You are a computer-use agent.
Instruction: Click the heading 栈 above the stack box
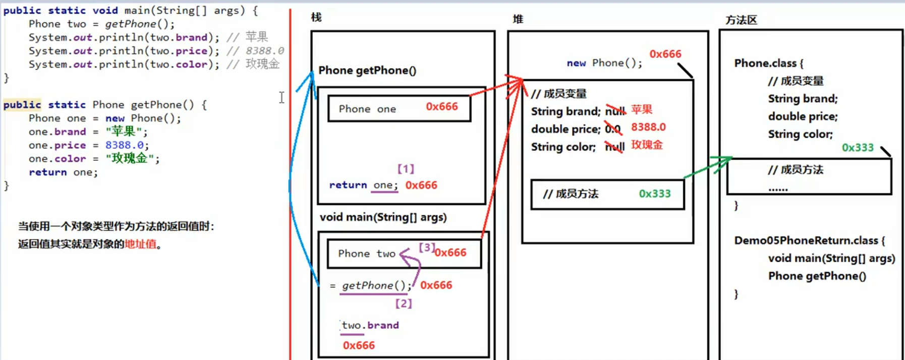(x=316, y=18)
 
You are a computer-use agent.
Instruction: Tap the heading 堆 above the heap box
(x=518, y=19)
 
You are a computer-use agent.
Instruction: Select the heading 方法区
(x=741, y=20)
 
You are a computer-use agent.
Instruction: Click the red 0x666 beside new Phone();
(x=665, y=54)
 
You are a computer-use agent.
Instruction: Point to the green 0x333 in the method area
(x=858, y=148)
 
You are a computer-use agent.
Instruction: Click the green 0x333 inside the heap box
(x=654, y=194)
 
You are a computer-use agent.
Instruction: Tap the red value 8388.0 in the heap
(x=648, y=127)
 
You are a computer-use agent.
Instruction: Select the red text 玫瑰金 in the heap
(x=647, y=145)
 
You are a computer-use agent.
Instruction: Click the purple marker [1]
(x=406, y=169)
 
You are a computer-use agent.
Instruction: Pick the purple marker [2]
(x=404, y=304)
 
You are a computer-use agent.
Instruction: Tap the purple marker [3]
(x=427, y=248)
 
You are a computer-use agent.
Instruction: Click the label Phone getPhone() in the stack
(x=367, y=71)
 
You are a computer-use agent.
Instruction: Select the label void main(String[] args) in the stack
(x=383, y=217)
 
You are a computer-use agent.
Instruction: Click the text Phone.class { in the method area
(x=768, y=64)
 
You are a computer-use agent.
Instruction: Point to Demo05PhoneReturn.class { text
(x=809, y=241)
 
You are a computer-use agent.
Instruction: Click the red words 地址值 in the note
(x=140, y=244)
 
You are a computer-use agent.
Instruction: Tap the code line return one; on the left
(x=63, y=172)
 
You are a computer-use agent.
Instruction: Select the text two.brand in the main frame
(x=370, y=325)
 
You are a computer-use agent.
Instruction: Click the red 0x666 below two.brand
(x=359, y=345)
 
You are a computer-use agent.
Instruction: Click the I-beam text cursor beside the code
(x=281, y=97)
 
